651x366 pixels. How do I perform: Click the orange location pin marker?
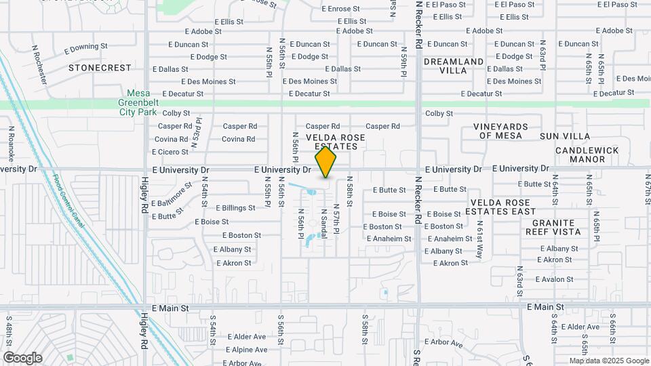tap(326, 162)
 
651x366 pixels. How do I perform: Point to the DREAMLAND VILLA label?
tap(454, 66)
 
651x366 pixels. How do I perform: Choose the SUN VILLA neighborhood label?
tap(565, 136)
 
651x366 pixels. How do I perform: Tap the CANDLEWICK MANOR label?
tap(587, 155)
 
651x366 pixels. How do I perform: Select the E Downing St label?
tap(86, 48)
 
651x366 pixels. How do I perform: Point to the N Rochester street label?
tap(39, 64)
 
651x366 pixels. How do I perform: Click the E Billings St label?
tap(235, 208)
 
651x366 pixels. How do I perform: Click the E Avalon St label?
tap(554, 279)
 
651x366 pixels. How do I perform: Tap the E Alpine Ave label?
tap(247, 350)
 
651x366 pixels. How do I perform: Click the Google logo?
tap(22, 358)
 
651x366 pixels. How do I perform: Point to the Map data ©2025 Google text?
tap(608, 361)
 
